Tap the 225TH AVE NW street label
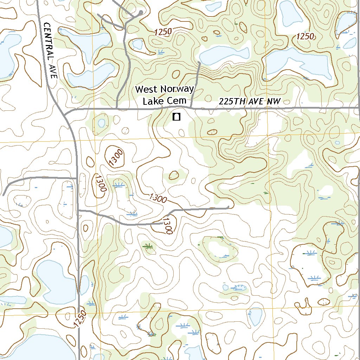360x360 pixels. tap(250, 101)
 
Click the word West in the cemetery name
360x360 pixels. tap(147, 90)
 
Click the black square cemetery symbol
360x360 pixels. tap(176, 117)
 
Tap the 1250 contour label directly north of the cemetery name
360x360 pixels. tap(162, 32)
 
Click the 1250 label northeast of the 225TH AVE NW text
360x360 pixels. tap(305, 36)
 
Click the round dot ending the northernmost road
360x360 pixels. tap(141, 12)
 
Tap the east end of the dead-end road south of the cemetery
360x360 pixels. tap(229, 207)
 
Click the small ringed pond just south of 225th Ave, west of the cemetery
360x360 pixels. tap(101, 123)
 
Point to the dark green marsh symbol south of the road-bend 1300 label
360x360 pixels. tap(148, 246)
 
